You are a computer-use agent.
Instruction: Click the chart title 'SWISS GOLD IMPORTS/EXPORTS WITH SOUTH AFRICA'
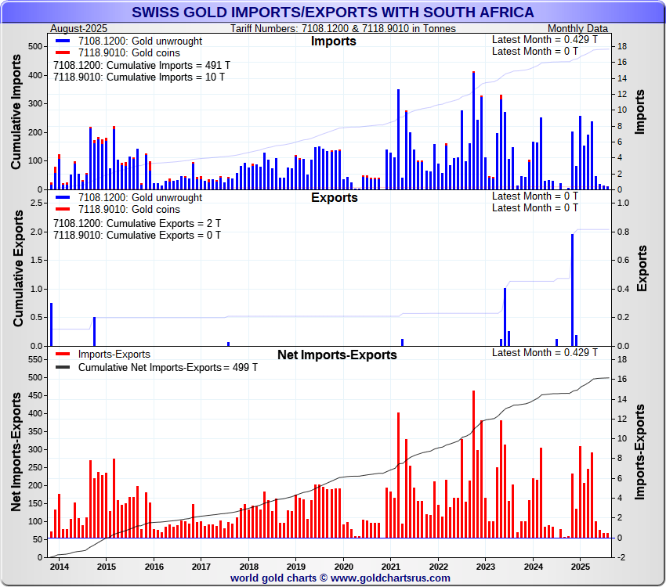pyautogui.click(x=333, y=12)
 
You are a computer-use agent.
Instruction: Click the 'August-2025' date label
pyautogui.click(x=78, y=28)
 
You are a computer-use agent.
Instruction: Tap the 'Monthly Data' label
pyautogui.click(x=577, y=28)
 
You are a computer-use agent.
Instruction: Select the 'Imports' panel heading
pyautogui.click(x=333, y=41)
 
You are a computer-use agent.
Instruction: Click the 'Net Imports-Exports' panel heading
pyautogui.click(x=337, y=355)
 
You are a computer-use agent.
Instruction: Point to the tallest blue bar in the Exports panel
pyautogui.click(x=572, y=290)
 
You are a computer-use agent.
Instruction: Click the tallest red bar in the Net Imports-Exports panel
pyautogui.click(x=473, y=462)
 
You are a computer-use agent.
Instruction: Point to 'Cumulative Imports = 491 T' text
pyautogui.click(x=141, y=66)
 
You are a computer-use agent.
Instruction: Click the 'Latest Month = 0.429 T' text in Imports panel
pyautogui.click(x=545, y=39)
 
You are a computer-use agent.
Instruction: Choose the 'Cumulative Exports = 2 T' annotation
pyautogui.click(x=136, y=223)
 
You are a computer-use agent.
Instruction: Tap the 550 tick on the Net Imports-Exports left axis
pyautogui.click(x=34, y=359)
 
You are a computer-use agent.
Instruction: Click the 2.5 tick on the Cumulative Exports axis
pyautogui.click(x=34, y=203)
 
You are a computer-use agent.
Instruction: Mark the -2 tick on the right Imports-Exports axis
pyautogui.click(x=620, y=557)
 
